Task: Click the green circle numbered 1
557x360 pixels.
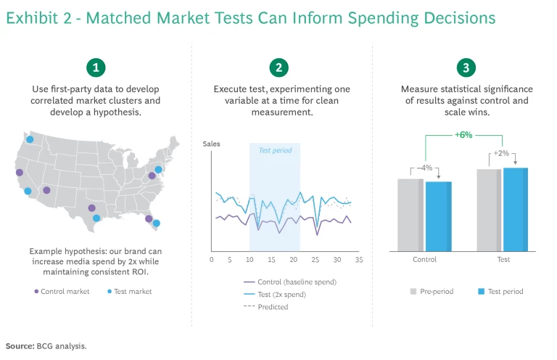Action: (x=96, y=68)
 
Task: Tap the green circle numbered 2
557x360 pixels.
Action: (x=278, y=68)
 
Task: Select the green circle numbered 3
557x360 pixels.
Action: (x=464, y=68)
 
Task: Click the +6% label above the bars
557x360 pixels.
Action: (x=464, y=134)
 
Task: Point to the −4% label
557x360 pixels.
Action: (x=424, y=168)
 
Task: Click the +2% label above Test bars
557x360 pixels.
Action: (x=501, y=154)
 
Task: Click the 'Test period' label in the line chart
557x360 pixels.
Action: (x=274, y=150)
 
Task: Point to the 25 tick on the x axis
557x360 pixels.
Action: (x=315, y=259)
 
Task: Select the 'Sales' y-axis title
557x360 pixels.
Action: (x=211, y=144)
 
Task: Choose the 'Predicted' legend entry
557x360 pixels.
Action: (x=273, y=306)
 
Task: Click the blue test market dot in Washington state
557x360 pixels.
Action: (x=30, y=138)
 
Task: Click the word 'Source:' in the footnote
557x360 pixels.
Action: (x=19, y=345)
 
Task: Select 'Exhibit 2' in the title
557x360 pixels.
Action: (x=36, y=17)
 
